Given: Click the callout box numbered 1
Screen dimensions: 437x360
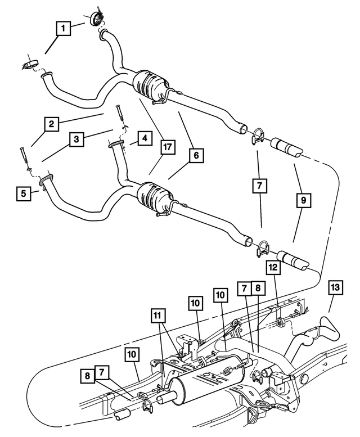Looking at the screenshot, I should tap(64, 28).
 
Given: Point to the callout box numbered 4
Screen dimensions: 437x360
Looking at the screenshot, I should tap(144, 138).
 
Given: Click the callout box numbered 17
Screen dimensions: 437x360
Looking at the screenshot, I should tap(166, 148).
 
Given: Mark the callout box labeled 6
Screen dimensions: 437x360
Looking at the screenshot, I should tap(195, 155).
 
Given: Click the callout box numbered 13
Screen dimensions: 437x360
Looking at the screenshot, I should tap(335, 288).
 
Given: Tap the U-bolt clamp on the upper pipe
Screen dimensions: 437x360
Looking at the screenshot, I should tap(258, 136).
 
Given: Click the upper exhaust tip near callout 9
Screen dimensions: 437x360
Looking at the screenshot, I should tap(286, 148).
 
